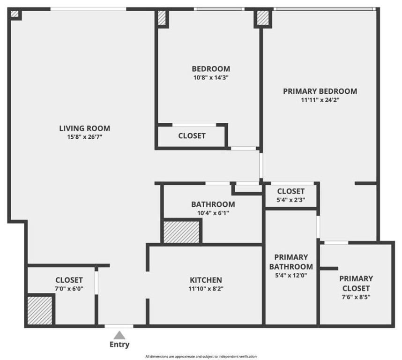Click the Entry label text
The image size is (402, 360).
[x=119, y=345]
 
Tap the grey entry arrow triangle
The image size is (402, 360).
[x=119, y=335]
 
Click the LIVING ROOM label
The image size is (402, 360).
[x=85, y=128]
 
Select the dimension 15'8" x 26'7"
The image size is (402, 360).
[x=85, y=137]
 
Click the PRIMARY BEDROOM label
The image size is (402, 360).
[x=320, y=91]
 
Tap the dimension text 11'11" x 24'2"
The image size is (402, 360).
[x=320, y=100]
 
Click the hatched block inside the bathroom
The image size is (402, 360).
[x=182, y=232]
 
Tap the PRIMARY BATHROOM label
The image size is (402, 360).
[x=291, y=262]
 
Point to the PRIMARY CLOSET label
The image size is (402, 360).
[x=356, y=283]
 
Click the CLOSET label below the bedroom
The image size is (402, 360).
[x=192, y=136]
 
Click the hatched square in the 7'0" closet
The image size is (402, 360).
[x=39, y=310]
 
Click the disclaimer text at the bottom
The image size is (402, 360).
[x=201, y=357]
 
